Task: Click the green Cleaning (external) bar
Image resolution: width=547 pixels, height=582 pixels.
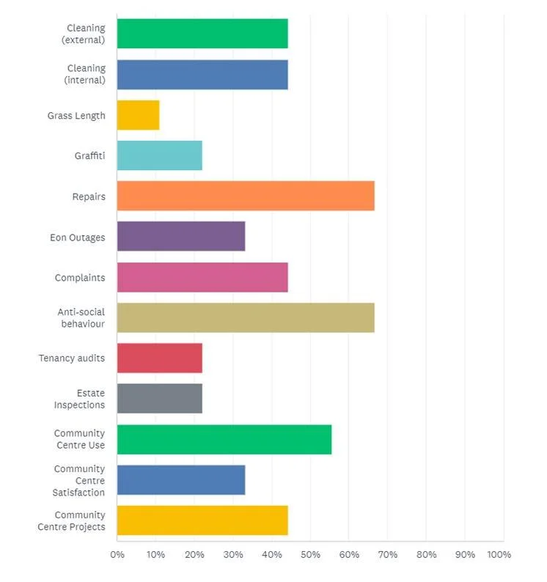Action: click(x=202, y=34)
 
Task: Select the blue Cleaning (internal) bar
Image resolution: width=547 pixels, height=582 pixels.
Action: click(x=202, y=74)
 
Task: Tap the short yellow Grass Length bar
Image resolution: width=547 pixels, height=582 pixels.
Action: click(x=138, y=115)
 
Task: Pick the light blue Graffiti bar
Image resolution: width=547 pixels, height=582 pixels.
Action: click(x=159, y=155)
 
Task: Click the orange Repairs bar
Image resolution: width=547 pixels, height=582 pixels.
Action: click(x=246, y=196)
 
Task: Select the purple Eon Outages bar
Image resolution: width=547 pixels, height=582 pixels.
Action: click(x=180, y=237)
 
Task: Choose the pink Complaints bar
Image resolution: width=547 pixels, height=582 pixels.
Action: click(x=202, y=278)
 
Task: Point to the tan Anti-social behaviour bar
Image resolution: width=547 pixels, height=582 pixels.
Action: click(x=246, y=318)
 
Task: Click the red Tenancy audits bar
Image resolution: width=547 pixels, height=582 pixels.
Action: click(x=159, y=358)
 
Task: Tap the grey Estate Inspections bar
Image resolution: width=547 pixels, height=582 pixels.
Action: click(x=159, y=399)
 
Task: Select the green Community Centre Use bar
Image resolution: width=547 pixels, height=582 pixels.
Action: click(x=224, y=439)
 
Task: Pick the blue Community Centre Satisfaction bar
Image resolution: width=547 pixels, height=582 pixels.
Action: click(x=180, y=480)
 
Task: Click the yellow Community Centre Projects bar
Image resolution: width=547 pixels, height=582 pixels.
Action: click(x=202, y=520)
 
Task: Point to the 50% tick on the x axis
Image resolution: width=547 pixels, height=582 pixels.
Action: click(x=309, y=555)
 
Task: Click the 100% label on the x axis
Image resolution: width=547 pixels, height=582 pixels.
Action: click(x=499, y=555)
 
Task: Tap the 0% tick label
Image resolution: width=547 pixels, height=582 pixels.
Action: click(x=117, y=555)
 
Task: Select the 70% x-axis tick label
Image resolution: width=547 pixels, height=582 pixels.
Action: click(x=387, y=555)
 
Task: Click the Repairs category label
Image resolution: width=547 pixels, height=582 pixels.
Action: click(x=89, y=196)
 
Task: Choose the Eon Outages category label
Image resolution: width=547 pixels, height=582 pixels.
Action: click(x=78, y=237)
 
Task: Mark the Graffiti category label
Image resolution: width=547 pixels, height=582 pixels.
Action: click(x=89, y=156)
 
